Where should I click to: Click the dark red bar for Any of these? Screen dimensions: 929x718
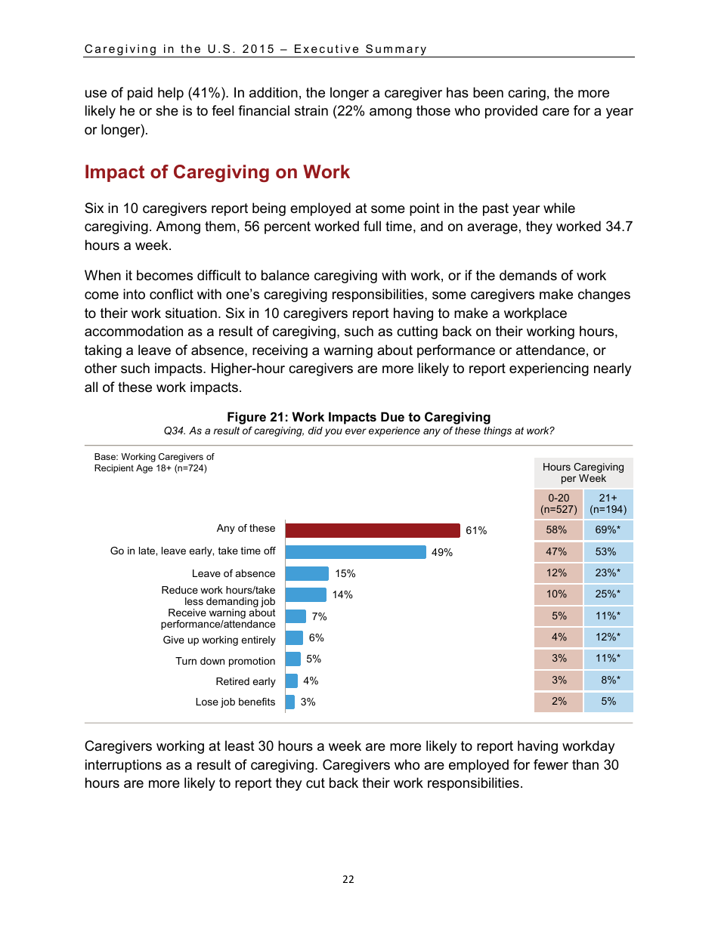click(373, 530)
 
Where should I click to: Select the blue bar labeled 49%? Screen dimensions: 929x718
click(355, 552)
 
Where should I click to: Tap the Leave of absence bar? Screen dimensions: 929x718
click(307, 574)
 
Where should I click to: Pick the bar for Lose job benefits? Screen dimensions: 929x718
click(290, 702)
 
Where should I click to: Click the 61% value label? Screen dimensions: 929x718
click(476, 531)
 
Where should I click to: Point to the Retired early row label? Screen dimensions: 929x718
click(245, 681)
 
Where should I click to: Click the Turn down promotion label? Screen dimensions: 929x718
click(225, 661)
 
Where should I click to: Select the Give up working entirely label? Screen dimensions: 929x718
click(219, 640)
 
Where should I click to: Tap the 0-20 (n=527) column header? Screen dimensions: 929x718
click(559, 504)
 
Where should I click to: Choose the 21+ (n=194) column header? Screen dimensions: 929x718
click(608, 504)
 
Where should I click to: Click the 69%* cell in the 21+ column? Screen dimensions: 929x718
click(608, 530)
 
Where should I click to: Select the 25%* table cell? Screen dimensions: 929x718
click(608, 594)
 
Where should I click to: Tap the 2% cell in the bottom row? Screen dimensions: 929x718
click(559, 701)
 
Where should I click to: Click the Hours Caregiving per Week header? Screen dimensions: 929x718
click(583, 473)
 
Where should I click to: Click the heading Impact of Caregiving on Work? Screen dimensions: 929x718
click(217, 172)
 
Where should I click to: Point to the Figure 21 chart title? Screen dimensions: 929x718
click(358, 417)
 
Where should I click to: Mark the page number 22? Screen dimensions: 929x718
click(348, 879)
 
